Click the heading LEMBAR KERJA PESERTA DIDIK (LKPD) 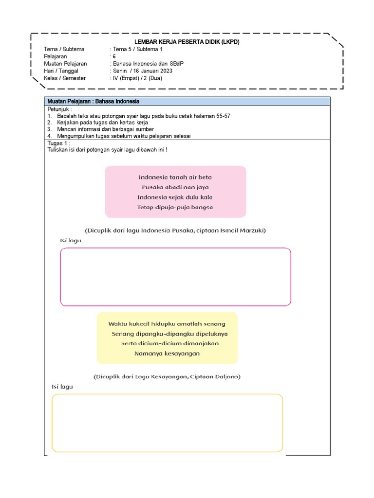click(187, 42)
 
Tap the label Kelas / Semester click(65, 78)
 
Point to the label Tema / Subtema click(64, 49)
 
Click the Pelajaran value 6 click(114, 56)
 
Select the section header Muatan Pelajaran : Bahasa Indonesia click(93, 101)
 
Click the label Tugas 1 click(58, 143)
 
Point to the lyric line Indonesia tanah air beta click(175, 178)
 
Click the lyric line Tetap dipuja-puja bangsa click(175, 207)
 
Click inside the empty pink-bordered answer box click(175, 277)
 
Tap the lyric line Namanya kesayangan click(167, 354)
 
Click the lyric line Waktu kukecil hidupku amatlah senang click(167, 323)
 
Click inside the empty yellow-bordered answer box click(167, 423)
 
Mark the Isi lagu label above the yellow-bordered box click(62, 387)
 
